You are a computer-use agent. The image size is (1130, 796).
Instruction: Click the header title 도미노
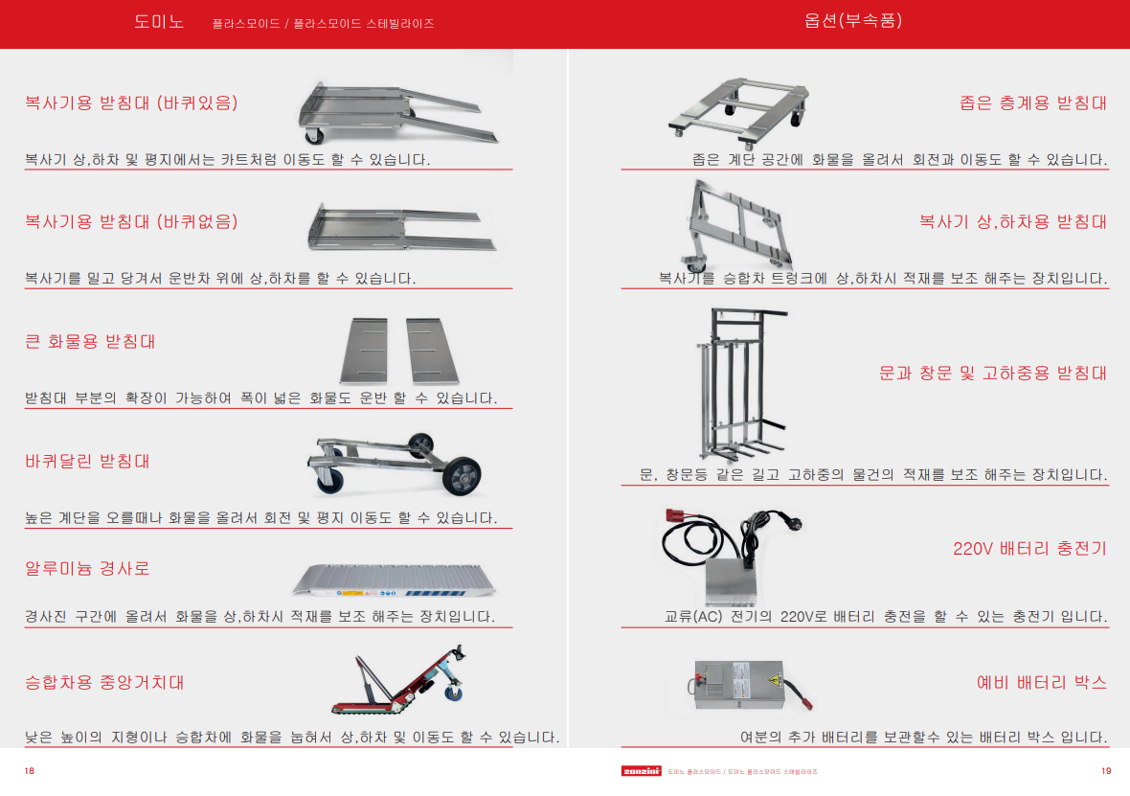click(159, 22)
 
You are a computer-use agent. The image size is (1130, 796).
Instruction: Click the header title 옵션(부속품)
click(853, 21)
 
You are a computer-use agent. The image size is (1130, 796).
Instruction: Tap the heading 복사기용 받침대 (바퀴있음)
click(131, 103)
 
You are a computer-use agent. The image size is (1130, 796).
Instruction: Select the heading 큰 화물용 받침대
click(90, 341)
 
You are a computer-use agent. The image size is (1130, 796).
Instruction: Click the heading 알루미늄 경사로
click(87, 569)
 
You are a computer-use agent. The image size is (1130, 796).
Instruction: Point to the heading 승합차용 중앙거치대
click(104, 682)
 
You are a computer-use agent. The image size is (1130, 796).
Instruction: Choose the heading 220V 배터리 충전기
click(1029, 549)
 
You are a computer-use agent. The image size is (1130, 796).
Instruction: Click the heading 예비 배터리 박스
click(1041, 682)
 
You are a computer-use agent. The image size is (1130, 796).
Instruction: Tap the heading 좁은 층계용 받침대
click(1033, 103)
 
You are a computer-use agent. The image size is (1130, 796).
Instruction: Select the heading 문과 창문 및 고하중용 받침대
click(993, 373)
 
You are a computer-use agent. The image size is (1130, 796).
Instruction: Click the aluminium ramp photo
click(395, 580)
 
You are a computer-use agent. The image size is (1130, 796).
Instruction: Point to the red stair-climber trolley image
click(398, 679)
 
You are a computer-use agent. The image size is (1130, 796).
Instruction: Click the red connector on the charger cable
click(675, 516)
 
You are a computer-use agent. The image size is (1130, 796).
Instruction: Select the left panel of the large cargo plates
click(364, 351)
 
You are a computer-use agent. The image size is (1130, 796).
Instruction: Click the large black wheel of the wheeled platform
click(462, 476)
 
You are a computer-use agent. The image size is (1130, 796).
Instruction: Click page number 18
click(30, 771)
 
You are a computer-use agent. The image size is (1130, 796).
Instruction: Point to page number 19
click(1106, 771)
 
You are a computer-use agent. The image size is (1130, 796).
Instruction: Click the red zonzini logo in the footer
click(642, 771)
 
